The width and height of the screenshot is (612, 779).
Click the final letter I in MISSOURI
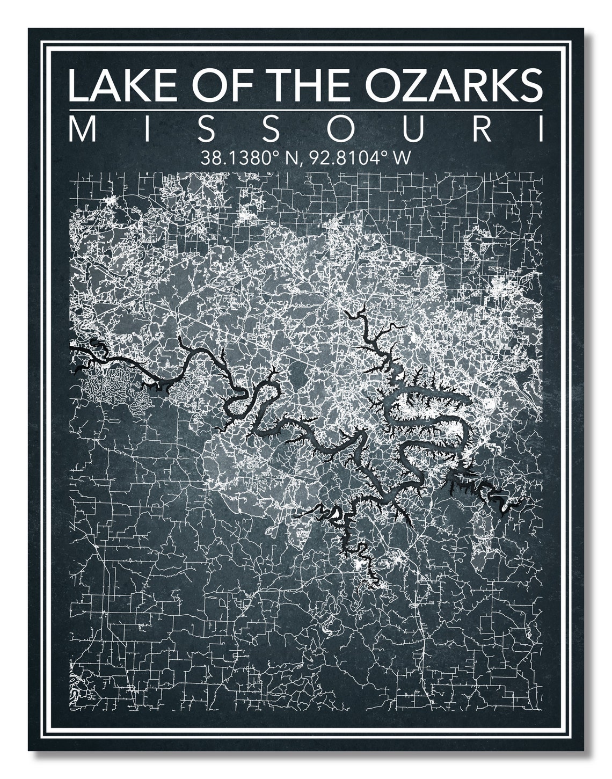pyautogui.click(x=539, y=130)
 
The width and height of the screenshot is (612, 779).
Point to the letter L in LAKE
pyautogui.click(x=77, y=84)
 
